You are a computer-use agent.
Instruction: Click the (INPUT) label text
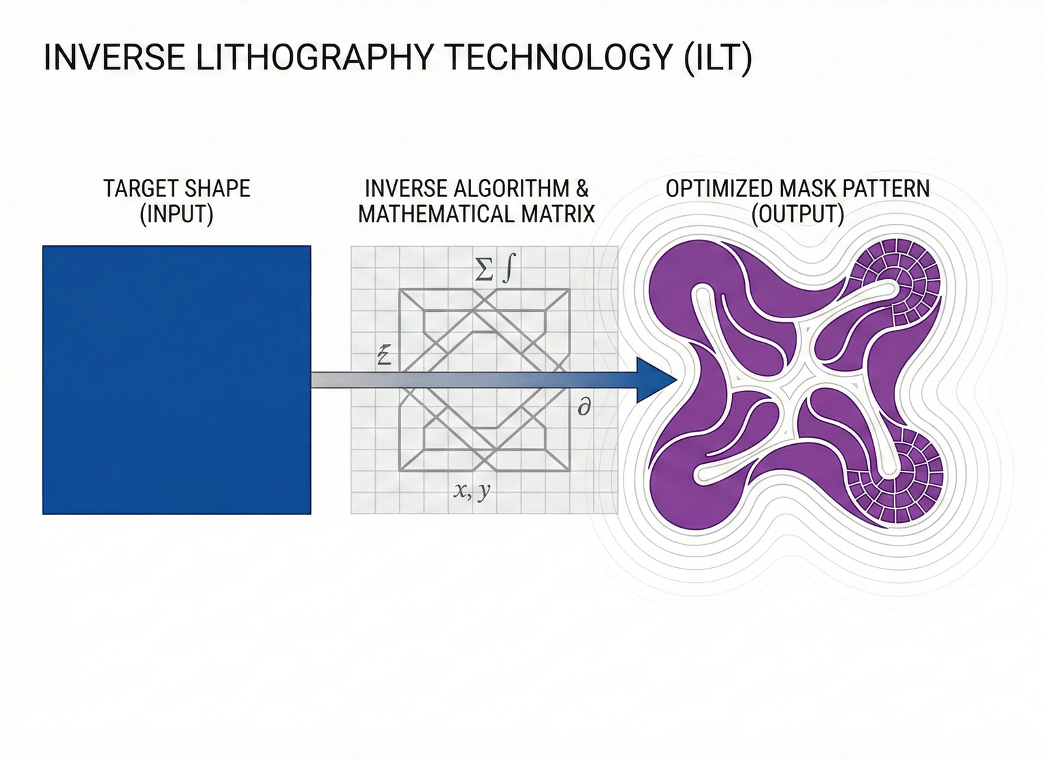pyautogui.click(x=176, y=215)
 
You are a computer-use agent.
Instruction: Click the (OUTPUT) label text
pyautogui.click(x=798, y=215)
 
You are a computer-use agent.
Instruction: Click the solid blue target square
pyautogui.click(x=176, y=379)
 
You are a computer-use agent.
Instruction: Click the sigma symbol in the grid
pyautogui.click(x=483, y=272)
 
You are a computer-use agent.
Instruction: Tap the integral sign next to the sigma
pyautogui.click(x=507, y=270)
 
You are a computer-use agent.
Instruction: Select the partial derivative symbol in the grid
pyautogui.click(x=583, y=408)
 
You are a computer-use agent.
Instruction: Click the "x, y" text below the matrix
pyautogui.click(x=471, y=490)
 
